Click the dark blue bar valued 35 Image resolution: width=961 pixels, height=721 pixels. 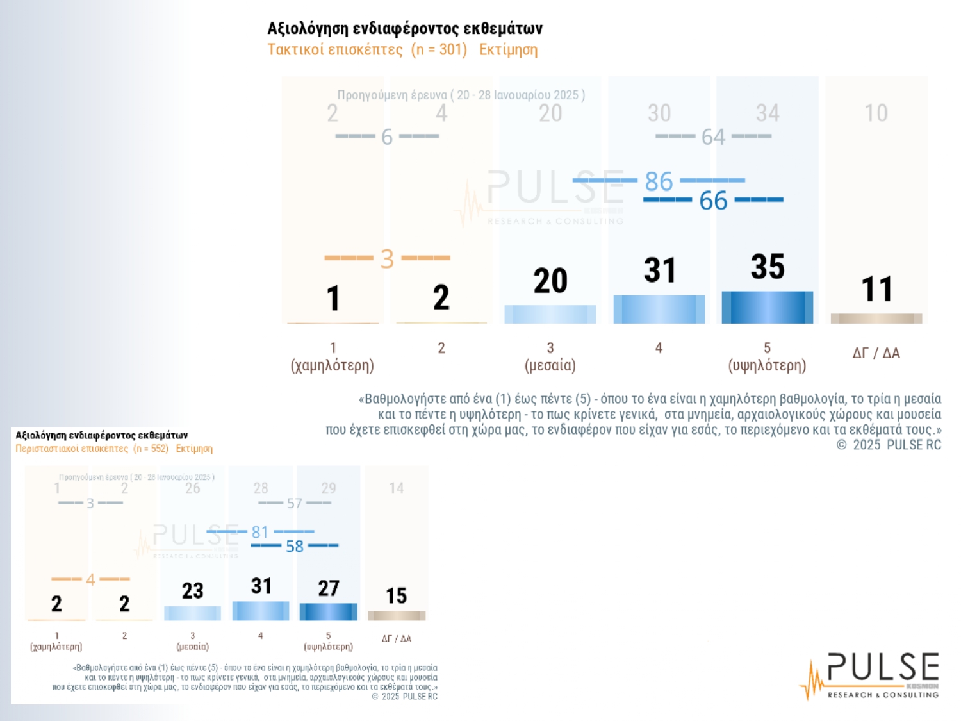(767, 307)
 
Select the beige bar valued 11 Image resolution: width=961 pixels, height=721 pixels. (876, 318)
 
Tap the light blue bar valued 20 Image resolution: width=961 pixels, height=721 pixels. (550, 314)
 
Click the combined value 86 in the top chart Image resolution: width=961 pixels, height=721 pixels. (659, 181)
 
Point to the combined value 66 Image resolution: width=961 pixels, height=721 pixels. (713, 201)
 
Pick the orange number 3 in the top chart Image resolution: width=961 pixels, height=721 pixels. (387, 259)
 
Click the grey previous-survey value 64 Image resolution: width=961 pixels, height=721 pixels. (713, 137)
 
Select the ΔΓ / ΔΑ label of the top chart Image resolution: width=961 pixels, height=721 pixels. (876, 353)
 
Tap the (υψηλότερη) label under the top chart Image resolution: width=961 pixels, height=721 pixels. (767, 365)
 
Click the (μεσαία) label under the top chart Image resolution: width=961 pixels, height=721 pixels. (550, 365)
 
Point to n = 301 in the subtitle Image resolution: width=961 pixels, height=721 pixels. (439, 50)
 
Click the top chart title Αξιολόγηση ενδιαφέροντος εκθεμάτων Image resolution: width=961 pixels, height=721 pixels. (405, 28)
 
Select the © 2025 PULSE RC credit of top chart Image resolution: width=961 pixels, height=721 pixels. (889, 445)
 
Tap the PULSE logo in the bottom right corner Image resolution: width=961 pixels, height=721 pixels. (871, 675)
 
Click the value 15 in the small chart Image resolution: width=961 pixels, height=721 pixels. (396, 596)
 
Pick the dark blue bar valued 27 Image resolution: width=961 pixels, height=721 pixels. (328, 611)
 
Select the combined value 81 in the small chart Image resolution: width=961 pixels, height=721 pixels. (259, 532)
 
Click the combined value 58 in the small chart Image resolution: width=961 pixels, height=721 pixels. (294, 546)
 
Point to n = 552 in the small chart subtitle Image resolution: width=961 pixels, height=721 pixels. (151, 449)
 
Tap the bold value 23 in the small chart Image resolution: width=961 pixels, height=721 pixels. (192, 590)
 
